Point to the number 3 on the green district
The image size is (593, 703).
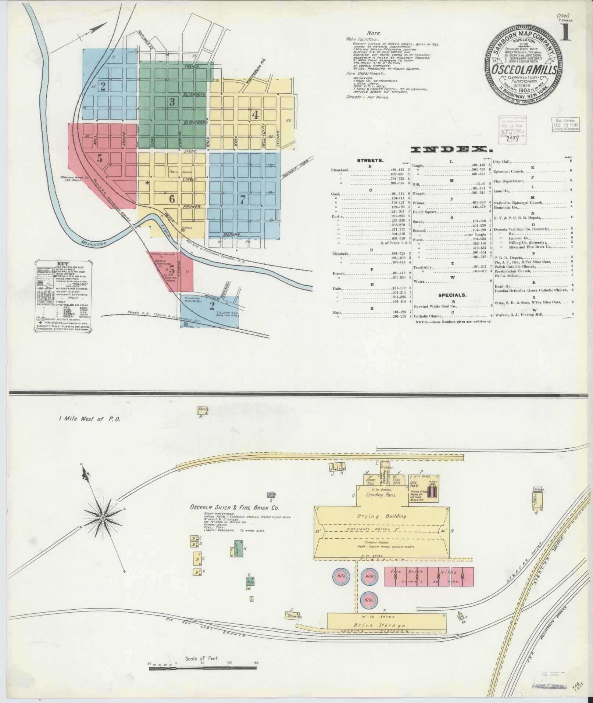pos(172,102)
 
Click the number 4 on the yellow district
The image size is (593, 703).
pos(255,115)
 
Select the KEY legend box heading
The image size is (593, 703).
pos(63,263)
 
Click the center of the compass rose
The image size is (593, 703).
pos(103,518)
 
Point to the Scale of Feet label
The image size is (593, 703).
pos(202,659)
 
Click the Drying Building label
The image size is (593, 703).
pos(381,516)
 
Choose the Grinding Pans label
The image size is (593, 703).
pos(380,495)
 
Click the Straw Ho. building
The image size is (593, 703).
pos(294,616)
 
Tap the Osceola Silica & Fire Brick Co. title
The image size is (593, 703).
pos(235,508)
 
